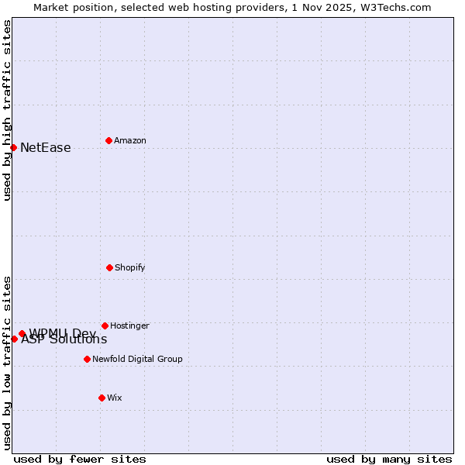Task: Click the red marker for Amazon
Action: [108, 140]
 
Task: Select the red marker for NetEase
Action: [14, 147]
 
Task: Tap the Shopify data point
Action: [109, 267]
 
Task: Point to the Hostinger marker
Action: [105, 325]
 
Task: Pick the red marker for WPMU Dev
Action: [22, 333]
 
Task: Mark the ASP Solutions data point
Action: [14, 339]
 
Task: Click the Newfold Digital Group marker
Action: [87, 359]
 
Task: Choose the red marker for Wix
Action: [102, 398]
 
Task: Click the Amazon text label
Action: [130, 140]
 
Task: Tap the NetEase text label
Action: [46, 147]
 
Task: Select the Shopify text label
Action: [130, 267]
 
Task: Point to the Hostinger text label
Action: [129, 325]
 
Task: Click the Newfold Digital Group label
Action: [137, 359]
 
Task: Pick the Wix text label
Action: [115, 398]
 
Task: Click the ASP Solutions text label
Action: [64, 339]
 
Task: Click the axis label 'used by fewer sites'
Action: [80, 459]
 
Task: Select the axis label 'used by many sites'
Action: [389, 459]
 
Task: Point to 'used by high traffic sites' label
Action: [7, 111]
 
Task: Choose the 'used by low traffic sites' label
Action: [7, 363]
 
